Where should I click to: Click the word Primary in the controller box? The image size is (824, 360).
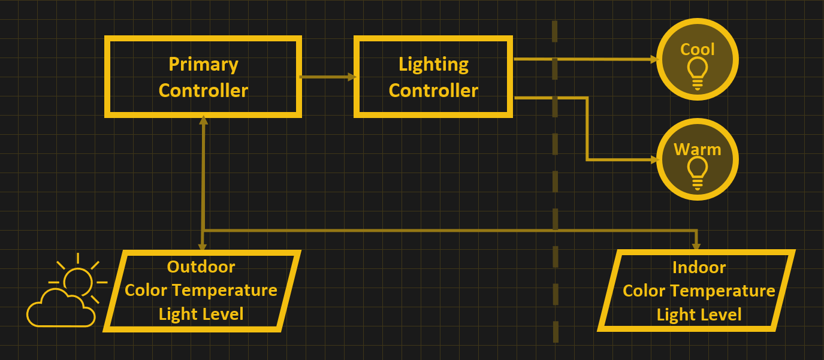203,64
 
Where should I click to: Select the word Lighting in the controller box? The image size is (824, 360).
433,64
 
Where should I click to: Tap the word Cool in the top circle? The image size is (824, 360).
698,49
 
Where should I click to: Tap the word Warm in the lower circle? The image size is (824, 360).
698,149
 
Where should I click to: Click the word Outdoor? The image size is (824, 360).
201,267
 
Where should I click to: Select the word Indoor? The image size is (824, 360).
699,267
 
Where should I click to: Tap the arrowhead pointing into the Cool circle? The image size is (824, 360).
654,60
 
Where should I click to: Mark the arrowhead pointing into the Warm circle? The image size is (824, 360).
654,160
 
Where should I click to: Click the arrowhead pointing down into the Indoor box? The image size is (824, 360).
696,246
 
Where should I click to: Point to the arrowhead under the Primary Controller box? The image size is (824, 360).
204,120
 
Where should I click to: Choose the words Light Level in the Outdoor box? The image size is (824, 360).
201,314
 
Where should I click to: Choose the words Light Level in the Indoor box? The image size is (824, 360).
699,314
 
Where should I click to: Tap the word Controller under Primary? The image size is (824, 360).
203,90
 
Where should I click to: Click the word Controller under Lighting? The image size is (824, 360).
433,90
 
